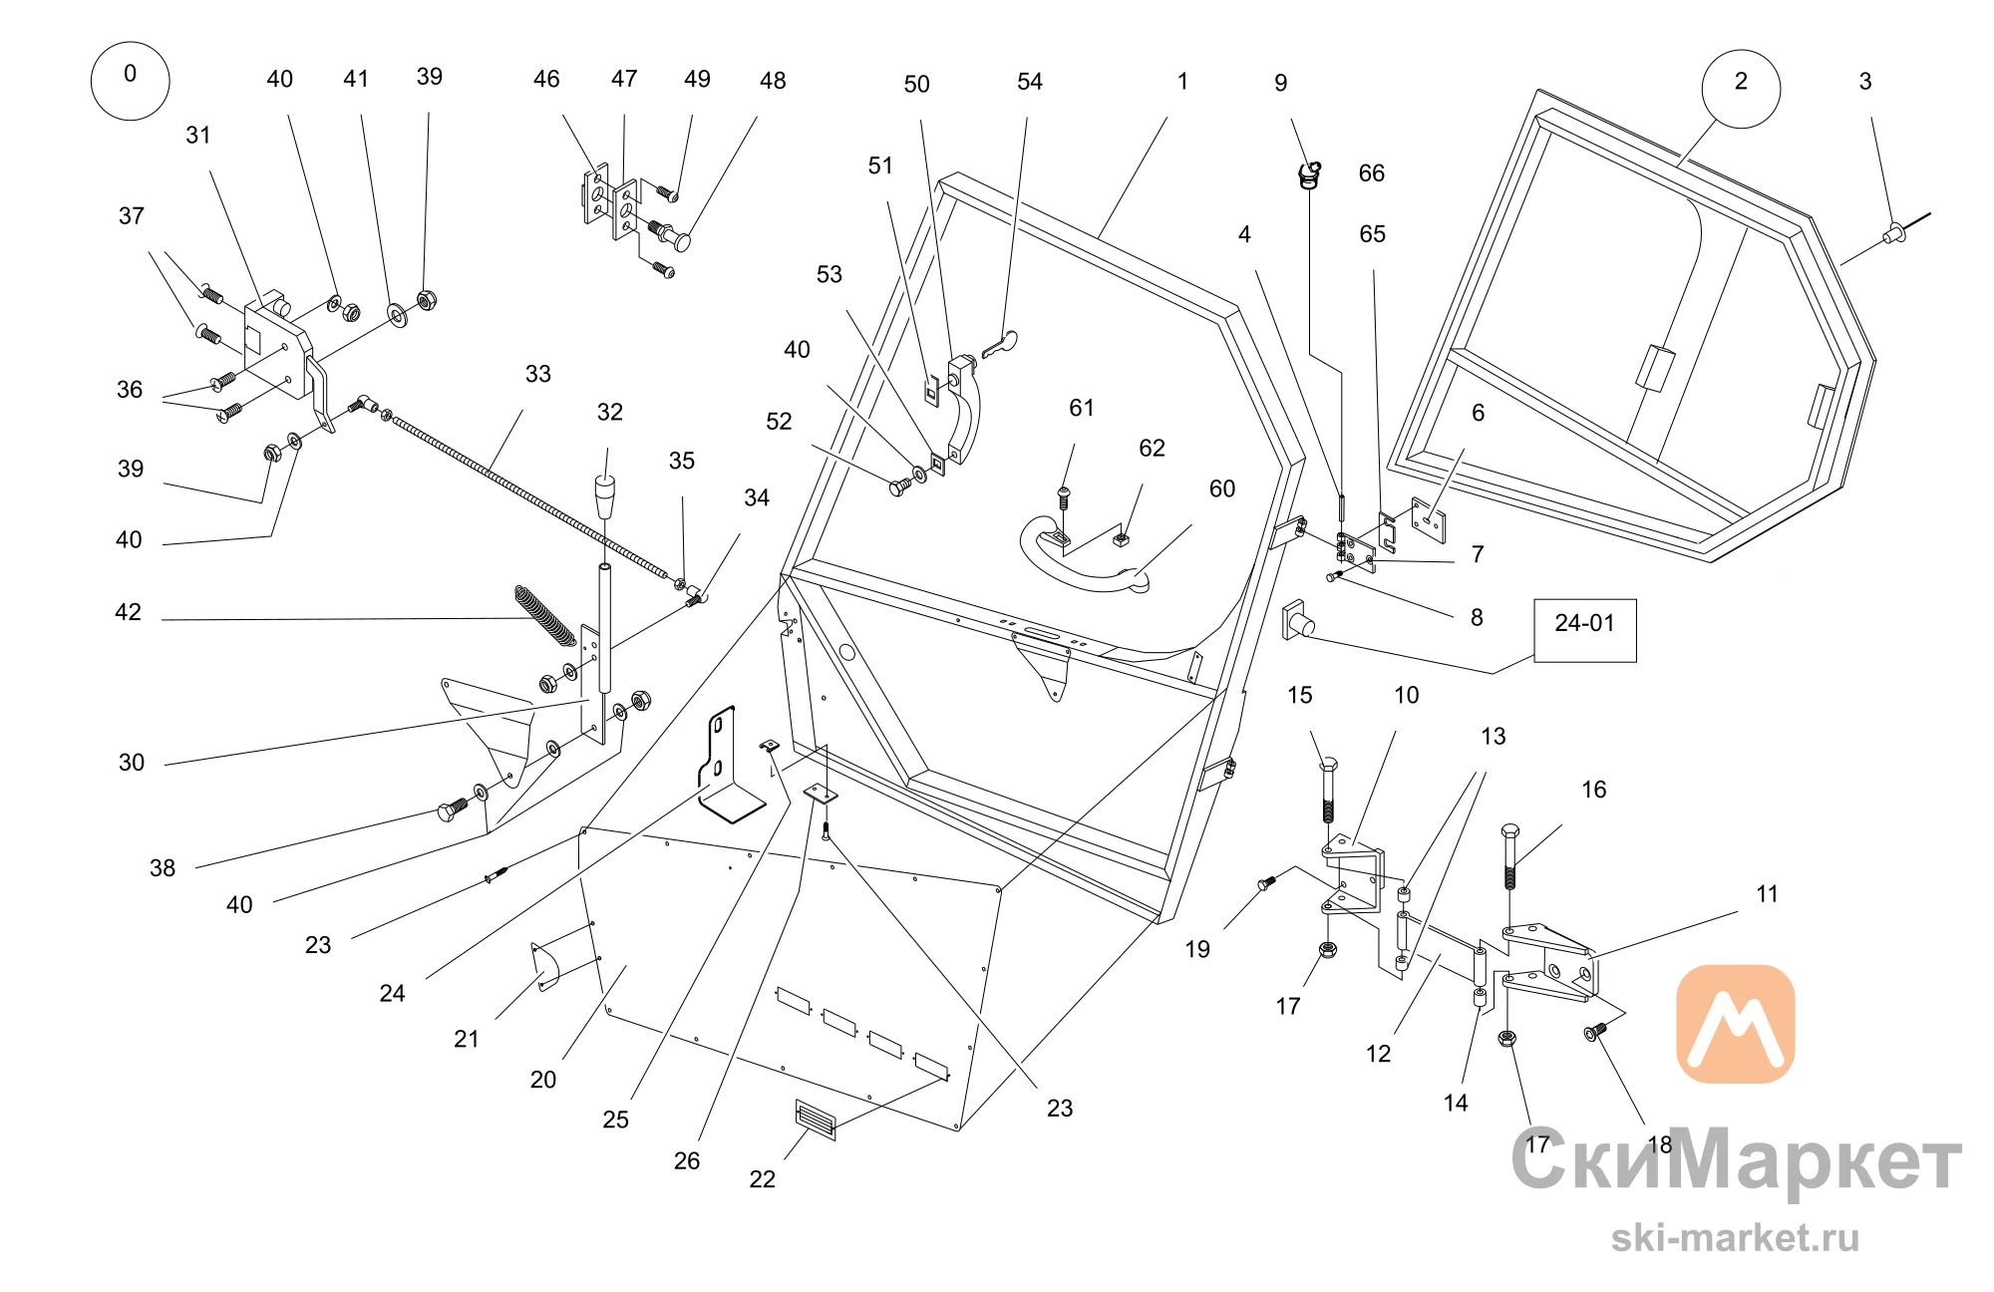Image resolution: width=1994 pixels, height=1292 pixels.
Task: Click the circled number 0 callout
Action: (x=130, y=81)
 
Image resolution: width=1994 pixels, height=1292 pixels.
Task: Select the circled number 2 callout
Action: (x=1741, y=89)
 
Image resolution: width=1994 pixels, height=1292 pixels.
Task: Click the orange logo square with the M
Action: (x=1736, y=1023)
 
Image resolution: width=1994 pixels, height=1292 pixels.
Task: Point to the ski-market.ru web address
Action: (x=1736, y=1237)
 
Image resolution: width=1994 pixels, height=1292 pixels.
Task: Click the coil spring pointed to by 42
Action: (x=545, y=615)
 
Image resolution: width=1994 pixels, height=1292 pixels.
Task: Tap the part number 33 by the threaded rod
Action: (x=538, y=374)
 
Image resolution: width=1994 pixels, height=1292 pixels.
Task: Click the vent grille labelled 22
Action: (x=816, y=1120)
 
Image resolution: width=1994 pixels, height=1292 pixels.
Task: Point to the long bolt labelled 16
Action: (x=1509, y=856)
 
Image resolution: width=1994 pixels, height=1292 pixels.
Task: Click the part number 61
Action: (x=1082, y=408)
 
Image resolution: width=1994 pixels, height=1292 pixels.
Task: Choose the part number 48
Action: (x=773, y=81)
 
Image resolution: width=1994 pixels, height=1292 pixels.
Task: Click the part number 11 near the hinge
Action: (x=1767, y=894)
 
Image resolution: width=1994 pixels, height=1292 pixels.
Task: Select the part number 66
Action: (x=1372, y=173)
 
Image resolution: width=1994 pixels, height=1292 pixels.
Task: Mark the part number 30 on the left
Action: (x=132, y=763)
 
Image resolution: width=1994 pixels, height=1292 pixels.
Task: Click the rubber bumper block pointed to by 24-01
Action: (x=1297, y=621)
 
